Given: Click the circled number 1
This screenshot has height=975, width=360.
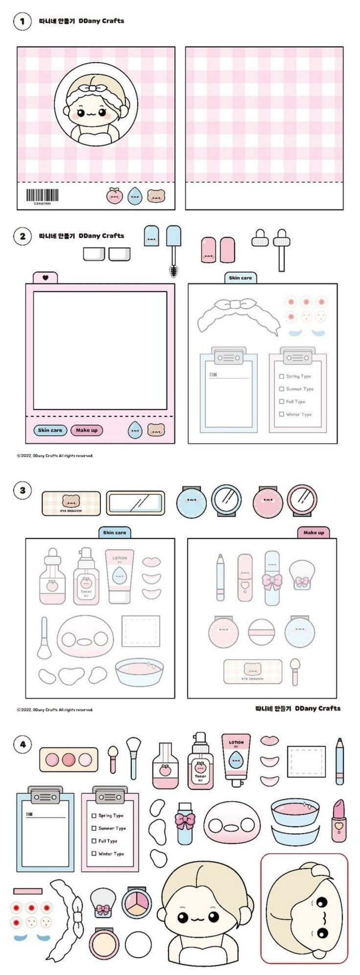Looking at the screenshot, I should [x=22, y=22].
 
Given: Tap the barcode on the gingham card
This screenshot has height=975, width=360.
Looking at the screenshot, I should [x=42, y=196].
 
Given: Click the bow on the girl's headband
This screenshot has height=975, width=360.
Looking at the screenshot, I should [x=91, y=89].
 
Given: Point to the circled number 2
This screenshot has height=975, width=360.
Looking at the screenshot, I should [x=22, y=236].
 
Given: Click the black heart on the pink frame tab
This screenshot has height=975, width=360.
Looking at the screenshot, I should [x=45, y=278].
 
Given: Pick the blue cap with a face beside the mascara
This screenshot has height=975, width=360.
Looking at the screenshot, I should [x=151, y=236].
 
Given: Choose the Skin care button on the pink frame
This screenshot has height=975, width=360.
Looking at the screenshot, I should [x=50, y=430].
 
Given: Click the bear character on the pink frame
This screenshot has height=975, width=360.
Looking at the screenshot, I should [x=156, y=430].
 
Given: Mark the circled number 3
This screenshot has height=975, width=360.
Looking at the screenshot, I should [x=22, y=490].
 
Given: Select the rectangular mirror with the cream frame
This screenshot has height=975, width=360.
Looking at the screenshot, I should [x=135, y=503].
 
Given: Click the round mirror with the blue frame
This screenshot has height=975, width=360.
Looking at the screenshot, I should [x=226, y=500].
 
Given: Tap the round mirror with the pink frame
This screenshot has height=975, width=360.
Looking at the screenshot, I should [x=302, y=500].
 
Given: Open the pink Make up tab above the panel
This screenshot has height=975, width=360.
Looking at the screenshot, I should [x=314, y=532].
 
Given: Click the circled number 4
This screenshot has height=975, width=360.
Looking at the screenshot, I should [x=22, y=745].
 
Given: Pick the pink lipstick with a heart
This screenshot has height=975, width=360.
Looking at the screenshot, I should [x=338, y=821].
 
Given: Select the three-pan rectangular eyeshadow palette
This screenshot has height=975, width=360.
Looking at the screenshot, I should [x=68, y=759].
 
